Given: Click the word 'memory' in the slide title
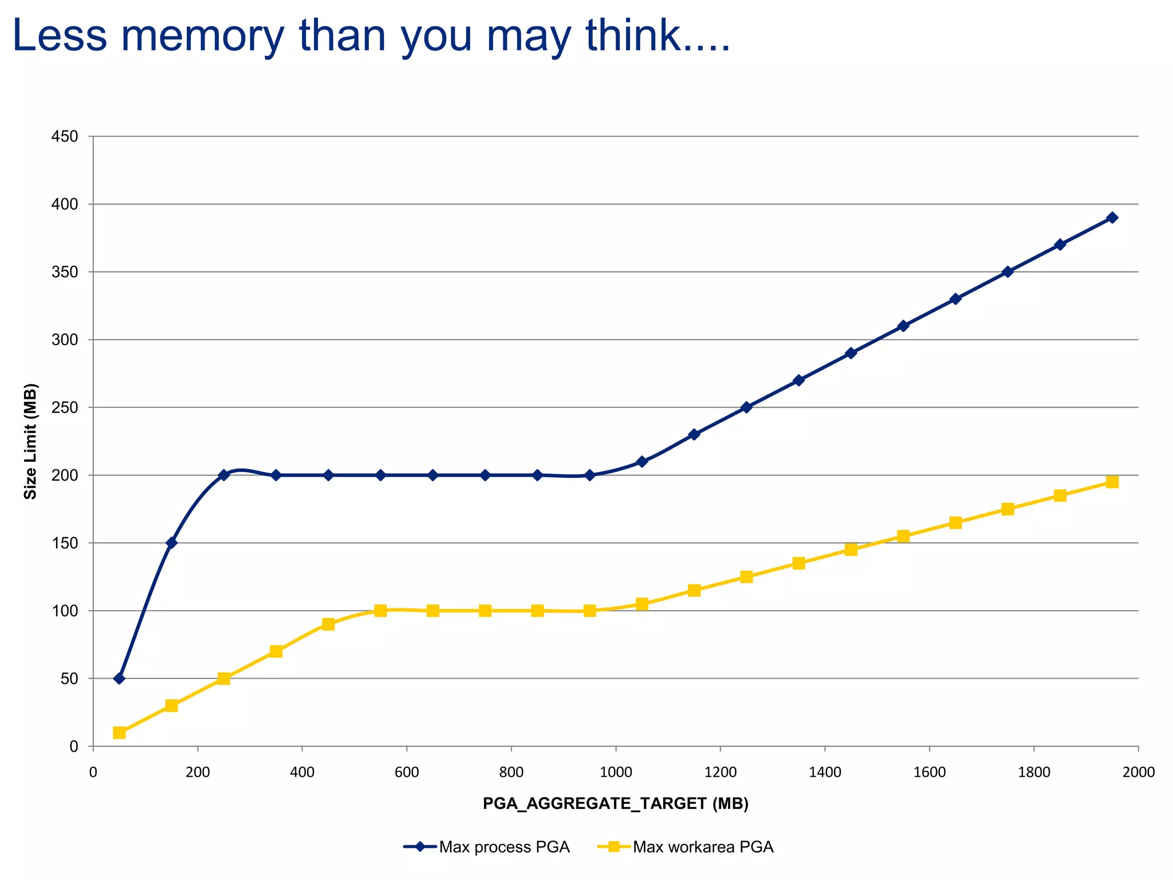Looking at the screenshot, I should [x=203, y=36].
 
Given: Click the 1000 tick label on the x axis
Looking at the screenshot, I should [x=616, y=773].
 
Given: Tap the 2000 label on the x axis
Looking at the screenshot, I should [x=1138, y=773].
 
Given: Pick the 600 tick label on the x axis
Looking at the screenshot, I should [x=407, y=773].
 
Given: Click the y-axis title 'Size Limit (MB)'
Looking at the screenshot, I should [x=30, y=441].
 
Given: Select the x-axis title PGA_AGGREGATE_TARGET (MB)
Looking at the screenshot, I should [x=616, y=804].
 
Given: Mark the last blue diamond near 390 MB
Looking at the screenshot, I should [x=1112, y=218].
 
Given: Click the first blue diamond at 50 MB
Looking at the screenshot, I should [x=119, y=678].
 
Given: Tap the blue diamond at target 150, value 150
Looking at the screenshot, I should [x=171, y=543].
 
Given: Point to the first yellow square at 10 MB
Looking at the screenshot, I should [x=119, y=733].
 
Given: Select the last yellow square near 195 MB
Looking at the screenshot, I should [x=1112, y=482].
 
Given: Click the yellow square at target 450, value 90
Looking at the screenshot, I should [x=328, y=624].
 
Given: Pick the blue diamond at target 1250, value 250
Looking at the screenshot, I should [x=746, y=407].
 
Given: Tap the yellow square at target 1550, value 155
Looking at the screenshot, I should [x=903, y=536].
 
